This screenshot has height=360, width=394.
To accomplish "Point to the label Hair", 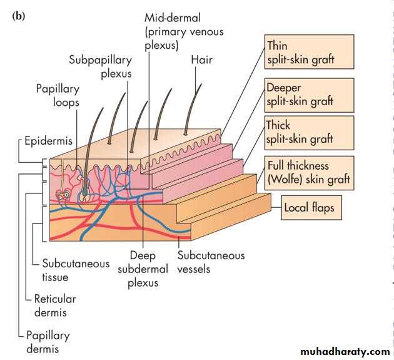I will [x=201, y=60].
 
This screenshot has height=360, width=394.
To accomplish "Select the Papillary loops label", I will [x=57, y=95].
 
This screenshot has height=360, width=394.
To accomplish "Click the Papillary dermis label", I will [x=48, y=342].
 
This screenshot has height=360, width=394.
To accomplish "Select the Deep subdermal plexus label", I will [x=143, y=269].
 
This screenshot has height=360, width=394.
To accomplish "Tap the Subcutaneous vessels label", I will [x=211, y=262].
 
